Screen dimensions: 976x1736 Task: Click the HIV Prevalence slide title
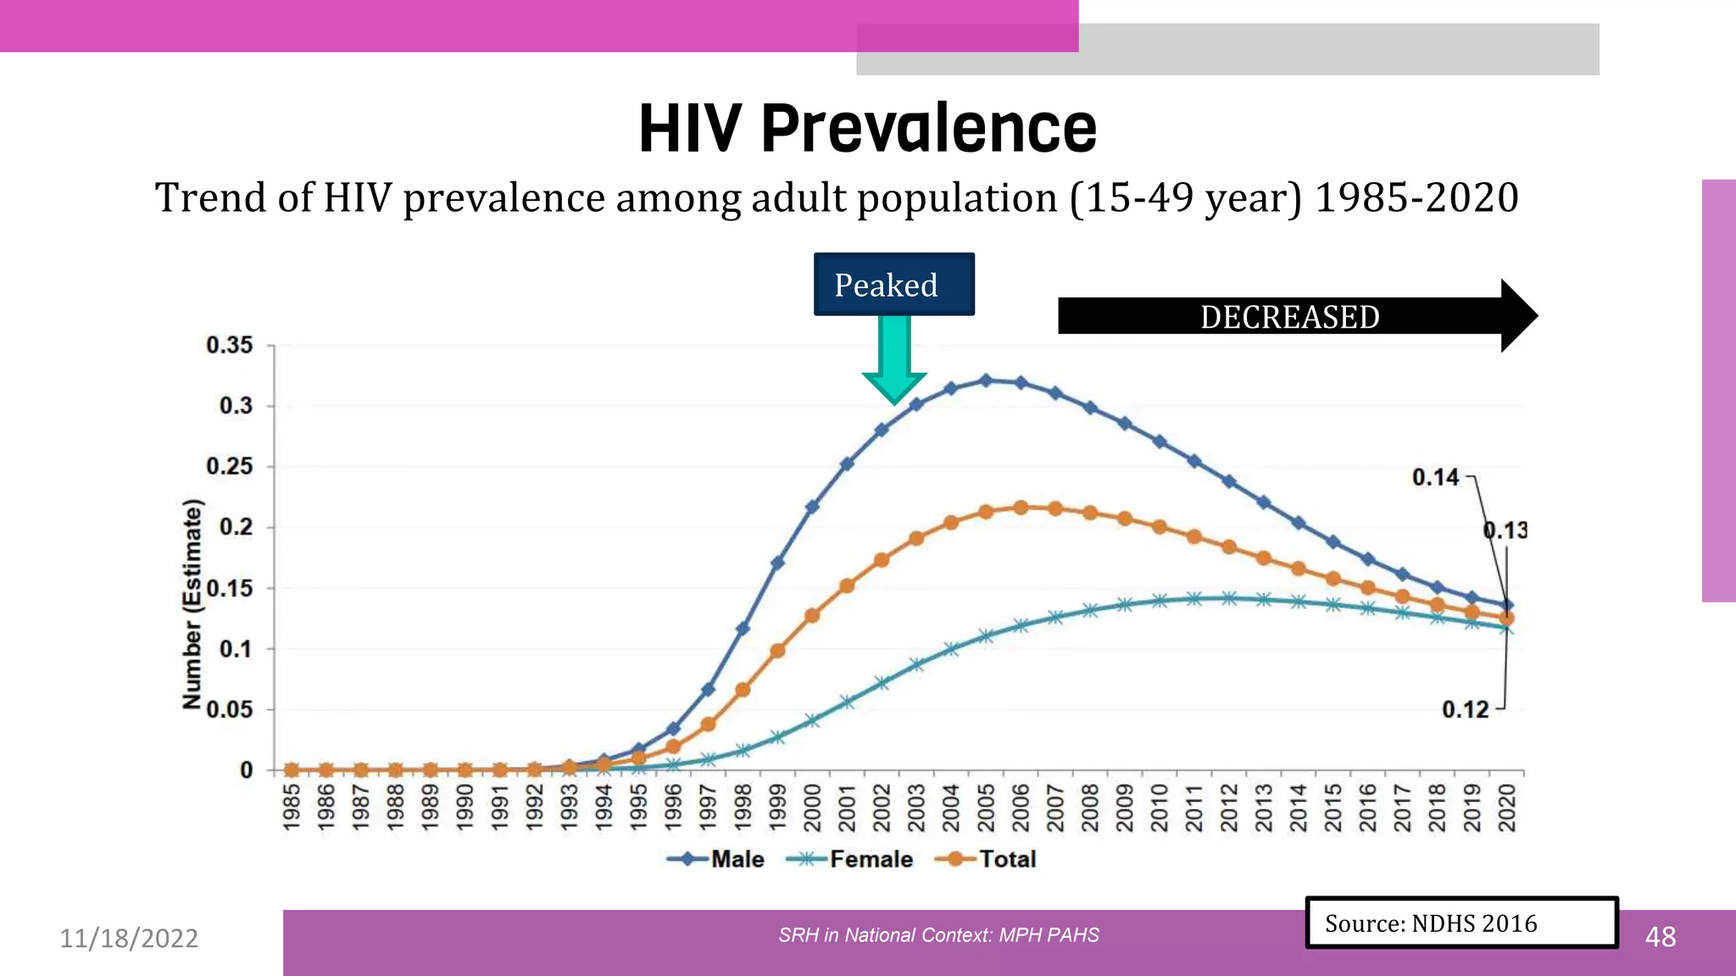coord(867,129)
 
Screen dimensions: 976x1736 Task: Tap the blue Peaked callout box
coord(893,285)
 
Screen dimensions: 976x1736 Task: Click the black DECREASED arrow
coord(1288,317)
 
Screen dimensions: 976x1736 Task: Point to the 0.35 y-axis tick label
coord(230,345)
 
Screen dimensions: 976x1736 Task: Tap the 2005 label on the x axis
coord(986,807)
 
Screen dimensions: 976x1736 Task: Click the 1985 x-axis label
coord(292,807)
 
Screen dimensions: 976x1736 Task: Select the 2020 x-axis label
coord(1506,807)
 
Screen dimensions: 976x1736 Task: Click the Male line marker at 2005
coord(986,380)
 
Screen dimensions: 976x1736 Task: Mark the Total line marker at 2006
coord(1021,507)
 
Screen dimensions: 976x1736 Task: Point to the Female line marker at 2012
coord(1229,598)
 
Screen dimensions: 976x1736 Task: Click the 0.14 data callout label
coord(1435,478)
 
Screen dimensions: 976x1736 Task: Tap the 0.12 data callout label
coord(1465,709)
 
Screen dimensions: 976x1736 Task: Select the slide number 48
coord(1660,937)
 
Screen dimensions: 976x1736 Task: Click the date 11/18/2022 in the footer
coord(129,938)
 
